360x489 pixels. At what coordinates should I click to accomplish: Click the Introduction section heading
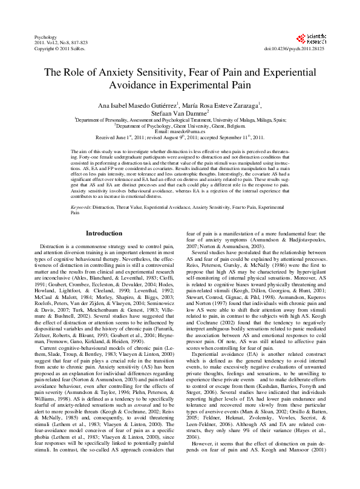point(103,215)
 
